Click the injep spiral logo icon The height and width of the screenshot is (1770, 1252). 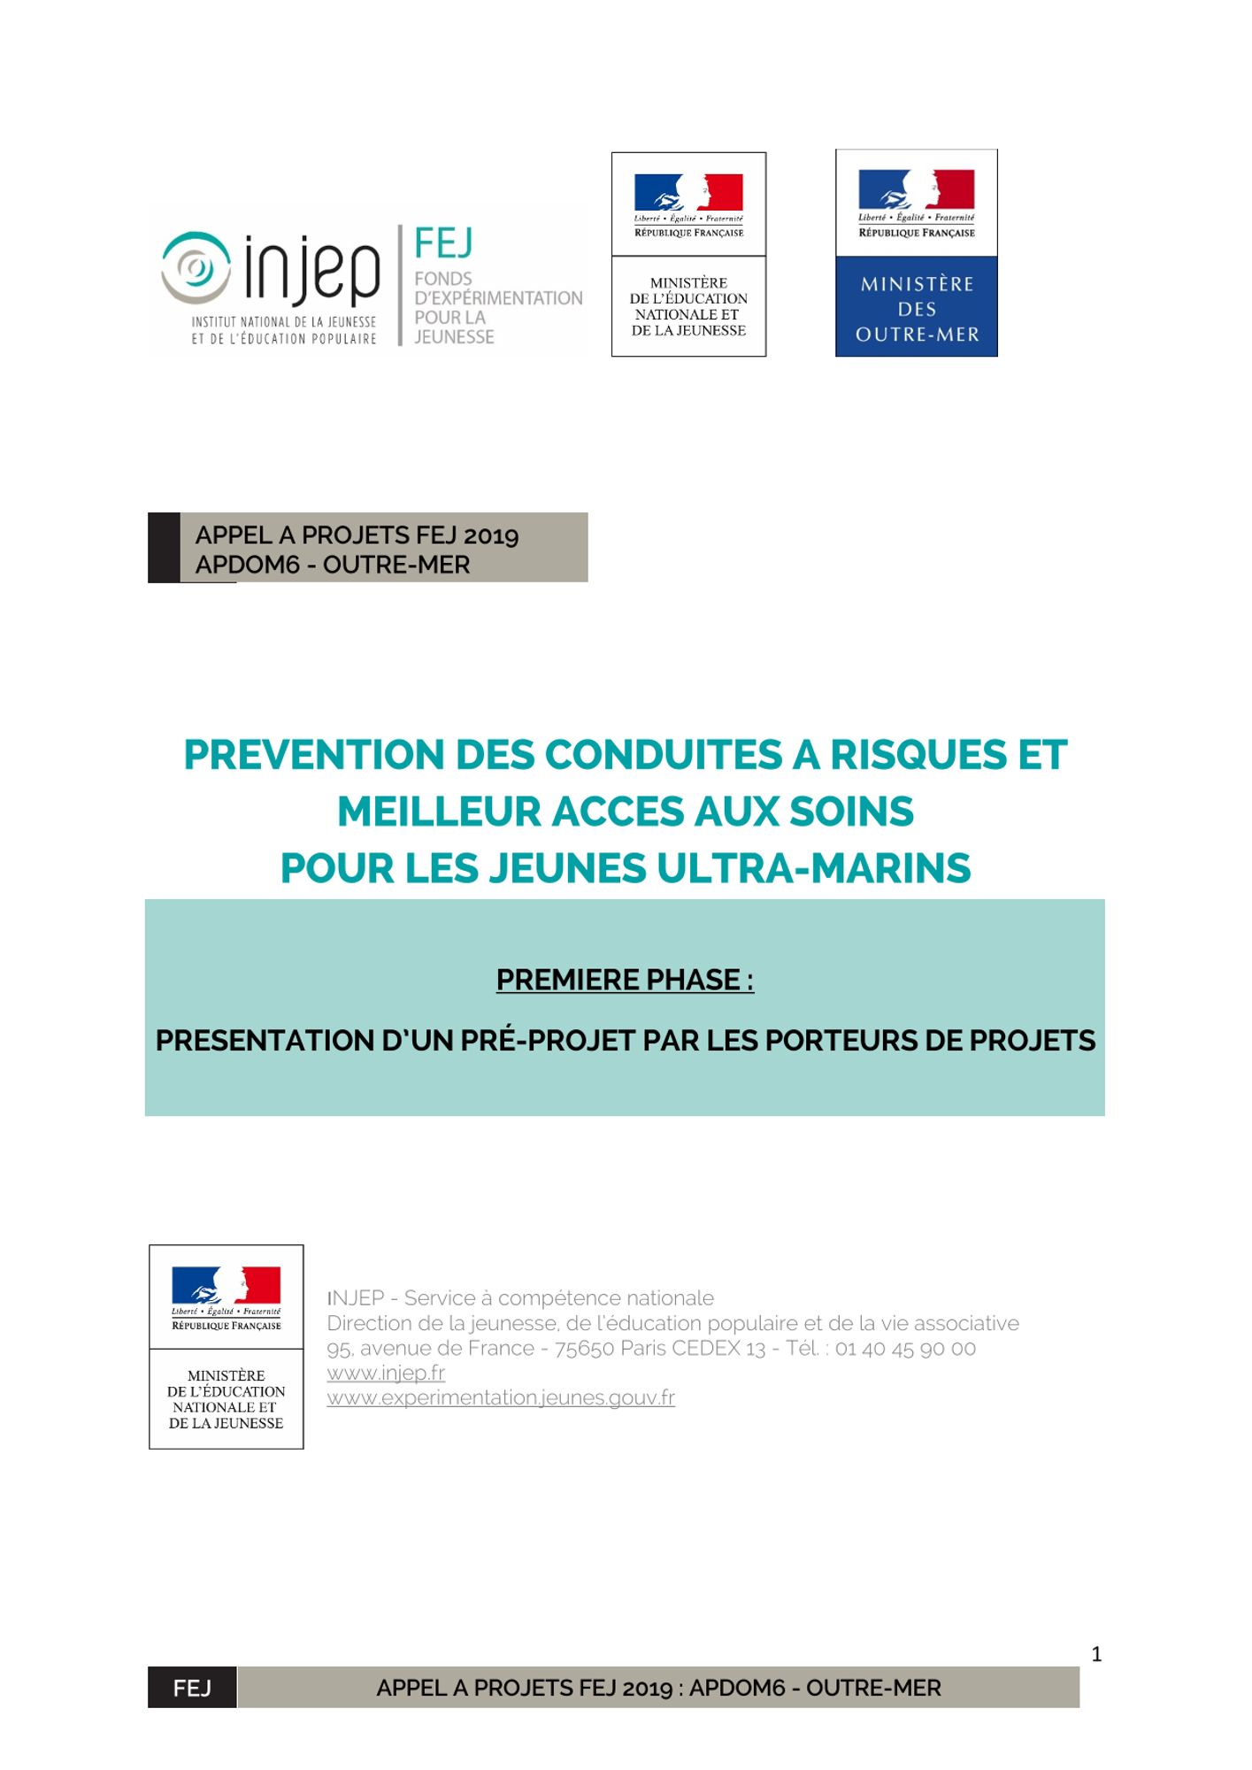196,265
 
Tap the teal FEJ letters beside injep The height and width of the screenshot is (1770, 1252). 443,243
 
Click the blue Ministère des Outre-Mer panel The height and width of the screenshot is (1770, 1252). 917,307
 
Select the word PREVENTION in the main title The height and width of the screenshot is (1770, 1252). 314,756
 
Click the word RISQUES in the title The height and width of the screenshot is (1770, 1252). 918,756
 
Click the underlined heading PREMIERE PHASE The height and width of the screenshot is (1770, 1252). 624,981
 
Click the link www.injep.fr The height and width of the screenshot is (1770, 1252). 386,1373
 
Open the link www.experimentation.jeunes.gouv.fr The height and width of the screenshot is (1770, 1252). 501,1397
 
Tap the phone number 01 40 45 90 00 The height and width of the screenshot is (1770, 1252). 905,1348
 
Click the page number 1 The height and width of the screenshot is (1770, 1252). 1096,1654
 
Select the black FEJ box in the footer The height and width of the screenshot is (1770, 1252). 192,1688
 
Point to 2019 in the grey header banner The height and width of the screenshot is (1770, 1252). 491,536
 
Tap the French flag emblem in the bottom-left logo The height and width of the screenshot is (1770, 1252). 226,1284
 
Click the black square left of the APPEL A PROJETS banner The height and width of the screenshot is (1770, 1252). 164,547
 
